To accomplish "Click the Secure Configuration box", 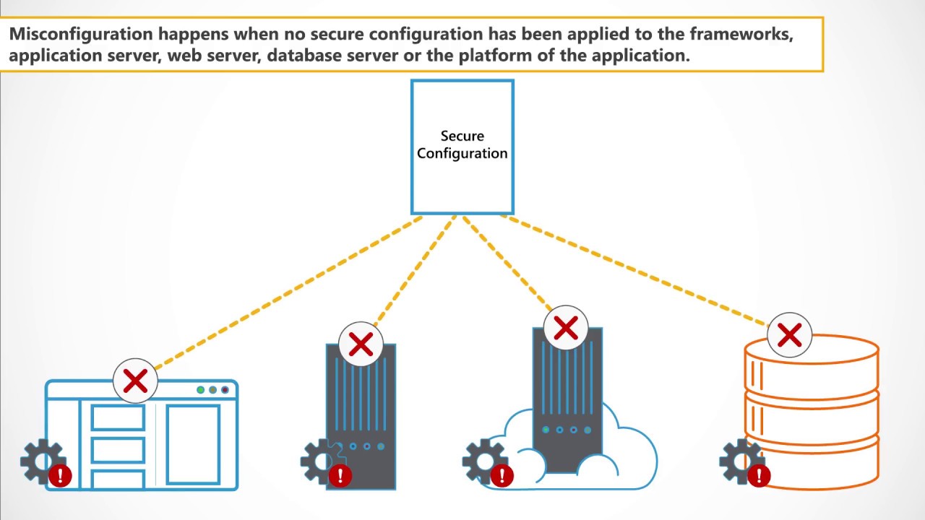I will point(462,147).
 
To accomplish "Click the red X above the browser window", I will point(135,381).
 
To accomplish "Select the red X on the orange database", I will point(789,335).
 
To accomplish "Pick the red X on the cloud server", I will point(565,329).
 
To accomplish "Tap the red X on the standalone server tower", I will point(361,344).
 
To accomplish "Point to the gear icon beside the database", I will point(740,460).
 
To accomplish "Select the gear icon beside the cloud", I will point(483,460).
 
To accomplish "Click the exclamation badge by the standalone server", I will point(340,475).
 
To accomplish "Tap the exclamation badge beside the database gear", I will point(759,475).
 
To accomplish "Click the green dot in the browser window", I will point(201,390).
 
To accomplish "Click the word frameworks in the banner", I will point(752,35).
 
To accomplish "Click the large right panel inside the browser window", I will point(193,444).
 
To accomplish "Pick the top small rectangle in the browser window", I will point(118,417).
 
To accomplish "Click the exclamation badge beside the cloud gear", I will point(502,475).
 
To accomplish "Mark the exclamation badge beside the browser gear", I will point(61,475).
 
